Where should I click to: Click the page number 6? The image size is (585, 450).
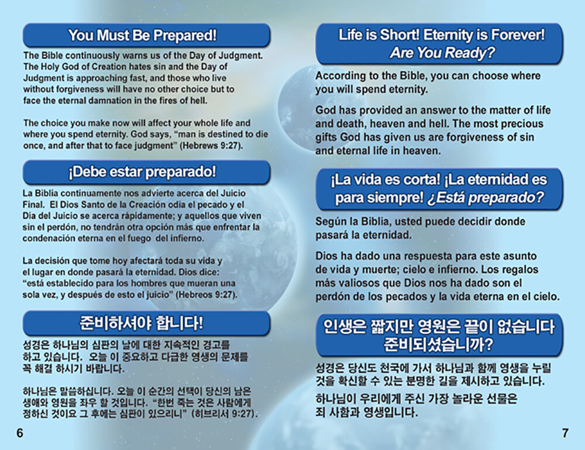click(x=20, y=433)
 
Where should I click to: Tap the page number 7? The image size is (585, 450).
click(x=565, y=433)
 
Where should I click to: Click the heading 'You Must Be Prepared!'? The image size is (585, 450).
click(x=142, y=36)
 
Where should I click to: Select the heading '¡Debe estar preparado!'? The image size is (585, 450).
click(x=142, y=172)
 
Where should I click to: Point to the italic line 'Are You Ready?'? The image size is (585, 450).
click(x=442, y=53)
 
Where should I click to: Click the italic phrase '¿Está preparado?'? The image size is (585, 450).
click(x=486, y=197)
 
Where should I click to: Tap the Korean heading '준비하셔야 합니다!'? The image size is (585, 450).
click(x=142, y=323)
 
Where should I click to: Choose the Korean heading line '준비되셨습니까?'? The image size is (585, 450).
click(x=439, y=344)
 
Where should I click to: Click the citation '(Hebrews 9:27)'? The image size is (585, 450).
click(x=212, y=146)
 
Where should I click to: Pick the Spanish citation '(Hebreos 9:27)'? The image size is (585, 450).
click(x=207, y=295)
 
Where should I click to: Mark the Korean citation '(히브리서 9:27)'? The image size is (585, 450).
click(x=224, y=414)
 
